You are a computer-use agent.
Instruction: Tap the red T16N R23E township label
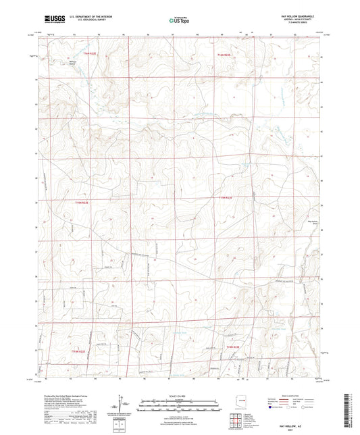pos(224,54)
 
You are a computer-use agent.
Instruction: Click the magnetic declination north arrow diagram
pos(120,408)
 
